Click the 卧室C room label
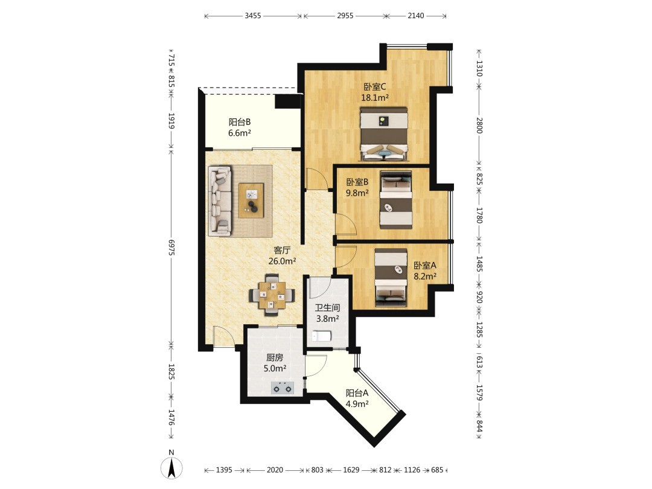375,87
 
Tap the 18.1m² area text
375,98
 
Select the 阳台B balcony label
240,122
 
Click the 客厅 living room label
282,251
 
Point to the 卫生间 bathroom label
327,308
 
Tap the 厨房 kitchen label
275,357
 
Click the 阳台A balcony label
357,393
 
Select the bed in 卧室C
383,134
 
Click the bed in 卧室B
396,200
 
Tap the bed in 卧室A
391,278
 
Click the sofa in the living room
220,201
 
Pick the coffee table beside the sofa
251,200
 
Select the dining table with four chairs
272,295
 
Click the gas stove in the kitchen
283,388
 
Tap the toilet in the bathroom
322,336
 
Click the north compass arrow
171,468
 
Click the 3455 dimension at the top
253,16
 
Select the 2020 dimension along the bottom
275,470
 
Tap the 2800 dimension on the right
479,126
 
